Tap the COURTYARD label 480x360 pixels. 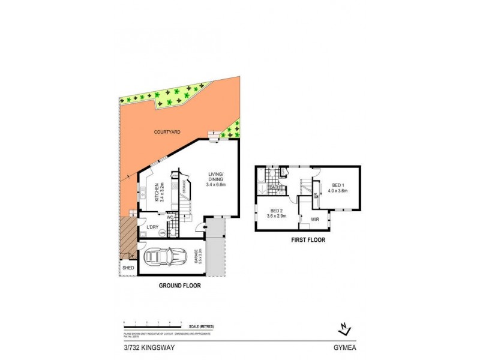click(x=167, y=132)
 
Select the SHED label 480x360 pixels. click(x=128, y=268)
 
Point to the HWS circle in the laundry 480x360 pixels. click(x=162, y=233)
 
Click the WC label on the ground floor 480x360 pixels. click(x=170, y=217)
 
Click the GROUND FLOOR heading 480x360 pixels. click(x=179, y=286)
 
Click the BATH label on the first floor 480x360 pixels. click(x=275, y=187)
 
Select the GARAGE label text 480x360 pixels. click(x=196, y=257)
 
